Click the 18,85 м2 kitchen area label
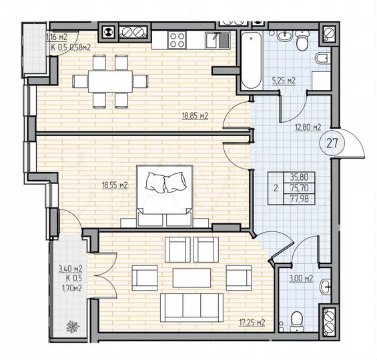pos(196,115)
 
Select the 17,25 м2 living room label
pos(252,323)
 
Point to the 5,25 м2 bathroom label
pos(283,81)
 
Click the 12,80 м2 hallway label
pos(308,126)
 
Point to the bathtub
pos(250,60)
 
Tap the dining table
pos(109,81)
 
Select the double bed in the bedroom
pos(165,197)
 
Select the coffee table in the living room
pos(193,276)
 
